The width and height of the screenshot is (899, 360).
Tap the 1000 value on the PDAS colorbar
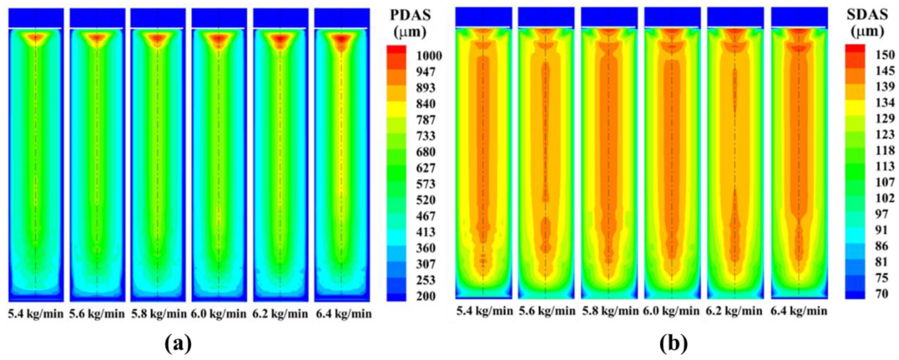(429, 56)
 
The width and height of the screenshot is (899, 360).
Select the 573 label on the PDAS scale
(426, 184)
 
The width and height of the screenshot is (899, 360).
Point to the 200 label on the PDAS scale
(426, 296)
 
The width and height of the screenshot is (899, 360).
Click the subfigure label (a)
(178, 344)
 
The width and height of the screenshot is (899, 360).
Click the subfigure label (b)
(674, 344)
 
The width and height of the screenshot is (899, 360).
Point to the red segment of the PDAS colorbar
(396, 50)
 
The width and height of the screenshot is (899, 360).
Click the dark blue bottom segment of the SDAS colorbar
(855, 295)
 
